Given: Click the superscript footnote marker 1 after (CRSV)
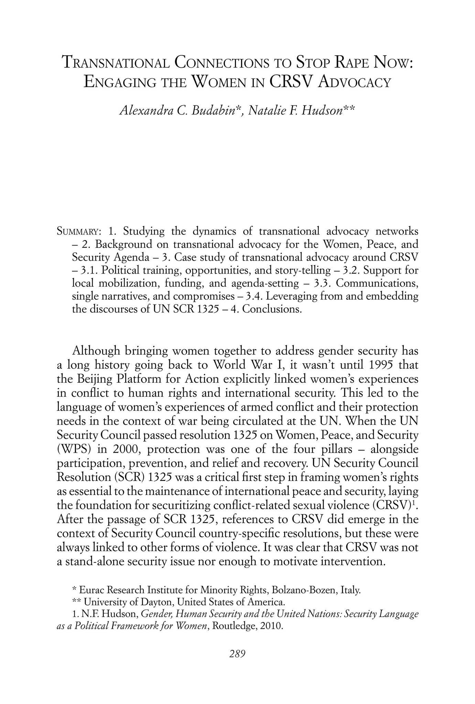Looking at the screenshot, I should [x=414, y=503].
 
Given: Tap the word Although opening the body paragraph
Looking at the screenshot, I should [x=96, y=351].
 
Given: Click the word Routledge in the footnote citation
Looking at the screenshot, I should [x=234, y=626].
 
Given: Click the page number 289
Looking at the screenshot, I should [x=237, y=654].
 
